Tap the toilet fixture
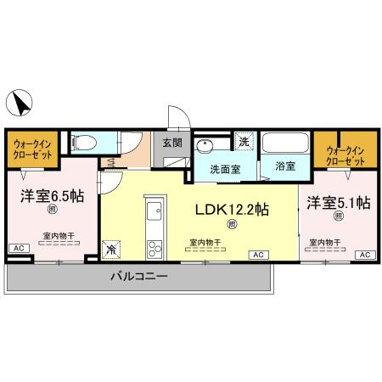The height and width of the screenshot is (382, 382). pyautogui.click(x=86, y=143)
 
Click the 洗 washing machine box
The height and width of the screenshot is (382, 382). pyautogui.click(x=244, y=142)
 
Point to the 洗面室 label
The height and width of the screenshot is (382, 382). pyautogui.click(x=225, y=168)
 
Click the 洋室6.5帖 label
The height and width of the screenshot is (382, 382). pyautogui.click(x=52, y=194)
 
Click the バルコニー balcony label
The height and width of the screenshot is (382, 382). pyautogui.click(x=139, y=278)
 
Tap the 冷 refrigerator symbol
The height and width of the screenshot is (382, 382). pyautogui.click(x=112, y=250)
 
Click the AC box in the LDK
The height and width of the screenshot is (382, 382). pyautogui.click(x=256, y=255)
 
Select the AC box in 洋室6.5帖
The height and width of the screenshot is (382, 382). pyautogui.click(x=18, y=247)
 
